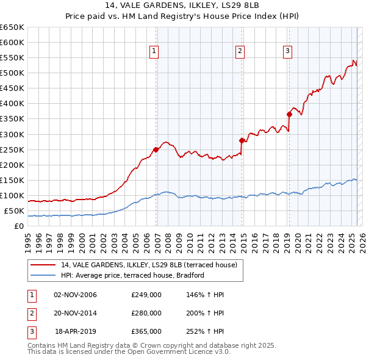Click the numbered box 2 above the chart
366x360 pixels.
coord(240,52)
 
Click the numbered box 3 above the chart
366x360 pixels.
coord(287,52)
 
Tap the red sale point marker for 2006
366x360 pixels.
coord(156,149)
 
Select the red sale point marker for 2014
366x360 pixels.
coord(242,140)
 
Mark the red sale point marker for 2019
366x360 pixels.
coord(289,113)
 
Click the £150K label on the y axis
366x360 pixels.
coord(12,181)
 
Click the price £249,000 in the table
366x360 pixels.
coord(146,295)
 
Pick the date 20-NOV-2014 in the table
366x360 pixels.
coord(76,313)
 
